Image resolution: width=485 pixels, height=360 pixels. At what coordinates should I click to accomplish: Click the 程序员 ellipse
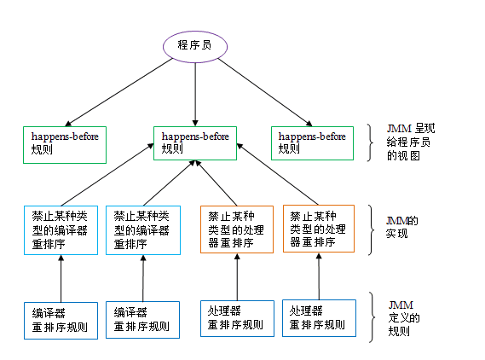(x=195, y=45)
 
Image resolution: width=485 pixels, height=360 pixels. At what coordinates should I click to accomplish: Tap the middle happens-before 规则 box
(x=195, y=143)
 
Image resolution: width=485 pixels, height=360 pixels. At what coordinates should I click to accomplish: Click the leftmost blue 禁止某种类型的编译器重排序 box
(x=59, y=229)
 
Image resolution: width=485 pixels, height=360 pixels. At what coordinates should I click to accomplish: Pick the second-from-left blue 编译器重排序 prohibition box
(x=143, y=229)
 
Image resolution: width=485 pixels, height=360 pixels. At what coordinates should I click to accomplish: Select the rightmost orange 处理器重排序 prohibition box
(x=319, y=228)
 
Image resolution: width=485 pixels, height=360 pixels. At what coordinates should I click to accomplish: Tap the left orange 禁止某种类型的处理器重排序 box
(x=237, y=228)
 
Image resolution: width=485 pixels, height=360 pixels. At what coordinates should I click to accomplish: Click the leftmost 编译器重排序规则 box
(x=59, y=319)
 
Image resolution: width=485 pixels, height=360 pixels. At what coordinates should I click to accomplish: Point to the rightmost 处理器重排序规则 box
(x=319, y=317)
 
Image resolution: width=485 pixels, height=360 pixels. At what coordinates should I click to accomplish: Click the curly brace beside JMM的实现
(x=371, y=229)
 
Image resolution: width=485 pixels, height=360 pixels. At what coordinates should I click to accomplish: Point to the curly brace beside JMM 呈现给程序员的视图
(x=369, y=142)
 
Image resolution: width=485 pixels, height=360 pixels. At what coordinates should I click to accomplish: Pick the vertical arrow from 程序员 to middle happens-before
(x=195, y=94)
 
